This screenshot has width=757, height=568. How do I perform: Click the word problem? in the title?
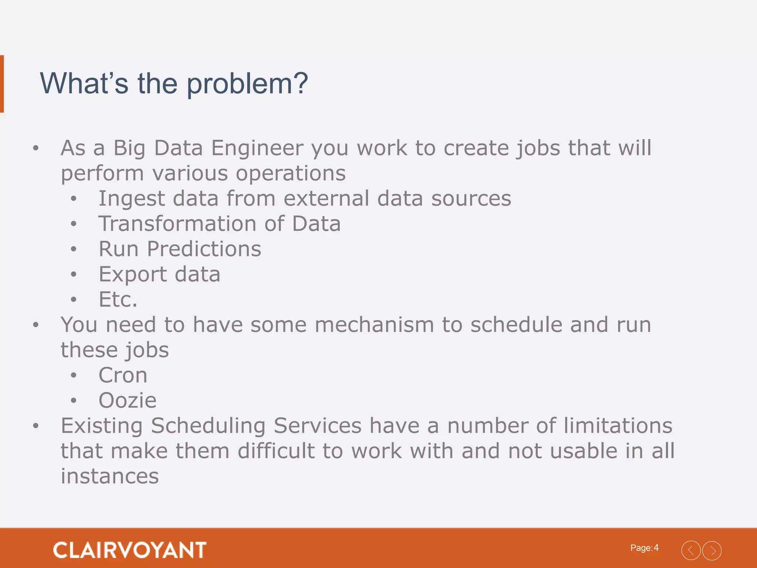247,84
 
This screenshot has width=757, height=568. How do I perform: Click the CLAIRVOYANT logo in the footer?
130,550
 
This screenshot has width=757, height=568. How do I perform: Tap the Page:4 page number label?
644,548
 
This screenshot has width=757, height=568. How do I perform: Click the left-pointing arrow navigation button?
691,551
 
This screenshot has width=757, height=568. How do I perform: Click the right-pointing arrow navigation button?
712,551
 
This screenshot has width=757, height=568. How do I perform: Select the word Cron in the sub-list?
123,375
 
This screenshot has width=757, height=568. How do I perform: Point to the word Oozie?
128,400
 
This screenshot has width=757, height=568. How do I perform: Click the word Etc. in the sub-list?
118,299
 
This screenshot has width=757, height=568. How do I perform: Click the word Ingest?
131,199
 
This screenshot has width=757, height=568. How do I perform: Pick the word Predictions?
204,249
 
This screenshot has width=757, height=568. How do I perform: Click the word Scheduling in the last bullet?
208,426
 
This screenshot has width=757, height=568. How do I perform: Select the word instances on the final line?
110,476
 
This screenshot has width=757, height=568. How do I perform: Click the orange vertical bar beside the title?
2,84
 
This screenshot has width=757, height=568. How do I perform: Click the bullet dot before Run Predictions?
74,249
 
